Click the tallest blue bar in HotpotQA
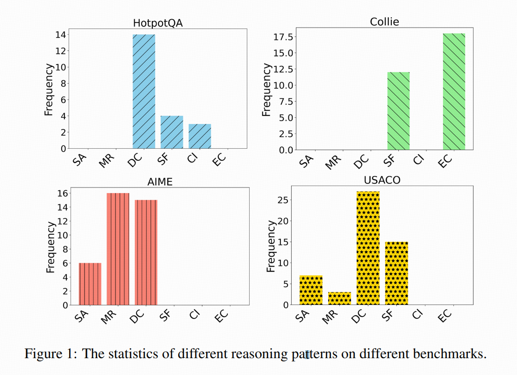tap(144, 91)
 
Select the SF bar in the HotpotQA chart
tap(172, 132)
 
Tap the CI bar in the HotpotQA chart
tap(200, 136)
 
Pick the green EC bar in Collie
tap(454, 92)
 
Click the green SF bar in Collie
tap(398, 111)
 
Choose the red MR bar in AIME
tap(118, 249)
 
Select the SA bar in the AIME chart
tap(90, 284)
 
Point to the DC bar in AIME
tap(146, 252)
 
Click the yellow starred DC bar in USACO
tap(368, 248)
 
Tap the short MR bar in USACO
tap(339, 298)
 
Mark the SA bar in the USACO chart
tap(311, 290)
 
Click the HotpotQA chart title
tap(158, 24)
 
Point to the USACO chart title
tap(382, 180)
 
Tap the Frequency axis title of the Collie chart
tap(266, 90)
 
